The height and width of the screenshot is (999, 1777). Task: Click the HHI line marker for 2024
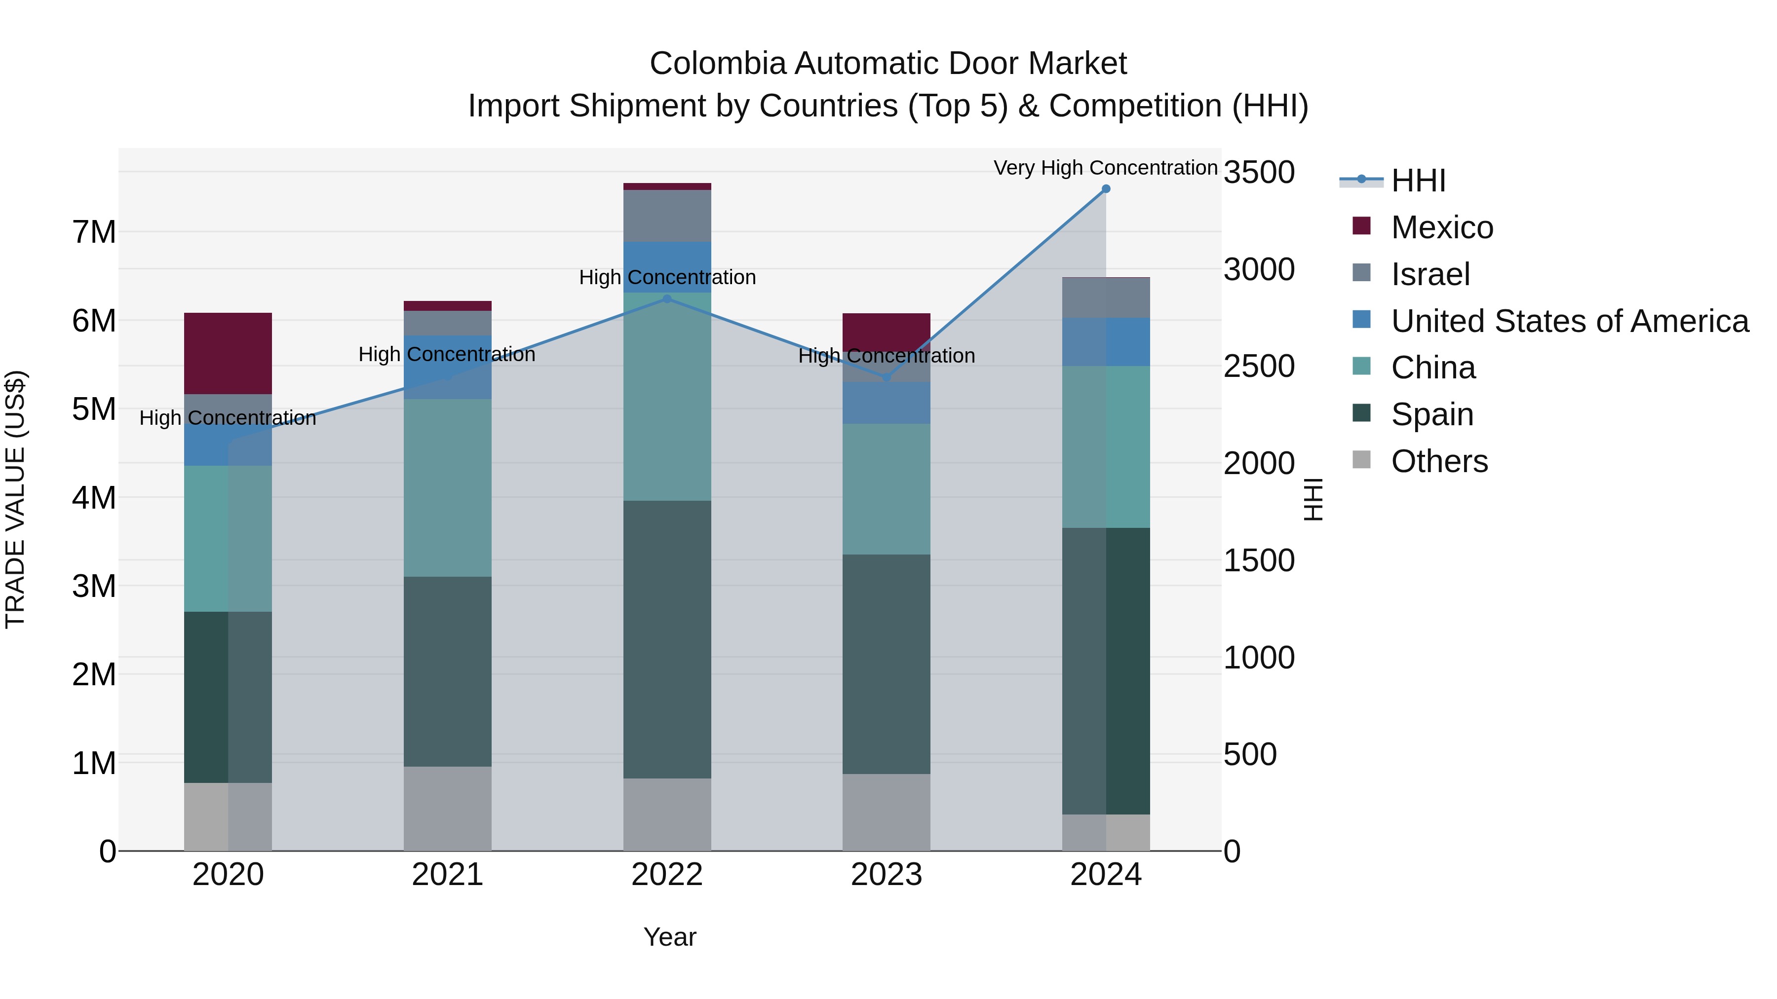pos(1106,189)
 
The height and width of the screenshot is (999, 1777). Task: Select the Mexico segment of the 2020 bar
pos(228,353)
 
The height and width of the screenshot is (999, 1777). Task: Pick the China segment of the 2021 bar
pos(447,487)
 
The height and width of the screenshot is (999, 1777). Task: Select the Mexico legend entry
pos(1442,227)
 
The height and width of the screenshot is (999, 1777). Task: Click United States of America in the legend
pos(1569,321)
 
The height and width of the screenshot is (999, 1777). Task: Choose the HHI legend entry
pos(1418,181)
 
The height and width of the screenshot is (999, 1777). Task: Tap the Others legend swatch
pos(1361,459)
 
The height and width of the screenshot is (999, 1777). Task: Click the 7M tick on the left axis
pos(94,232)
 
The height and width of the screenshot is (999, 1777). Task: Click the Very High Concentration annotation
pos(1105,168)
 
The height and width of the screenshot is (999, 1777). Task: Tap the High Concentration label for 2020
pos(228,418)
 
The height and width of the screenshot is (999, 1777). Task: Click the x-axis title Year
pos(669,937)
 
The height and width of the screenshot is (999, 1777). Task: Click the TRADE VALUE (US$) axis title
pos(15,499)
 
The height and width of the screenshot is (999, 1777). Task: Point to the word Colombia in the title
pos(717,64)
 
